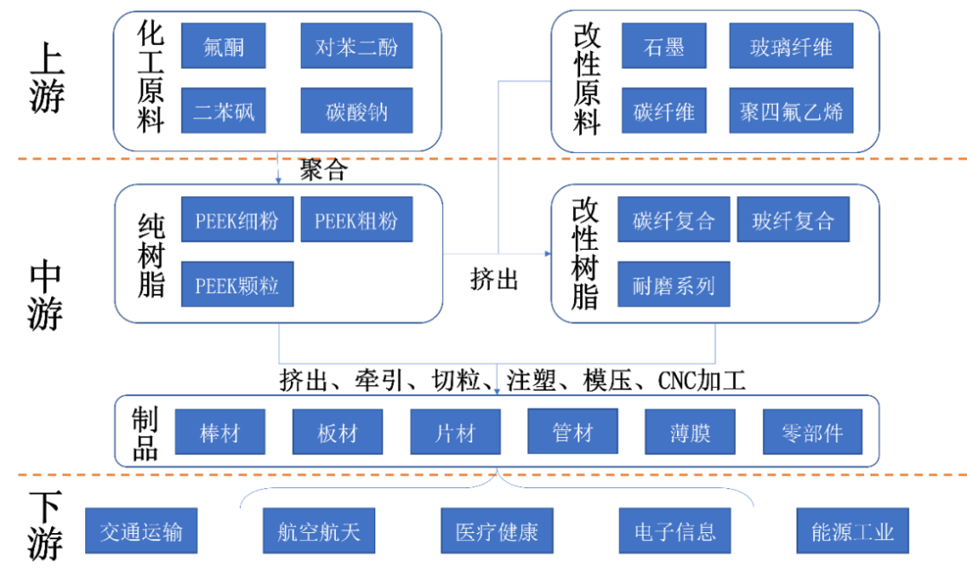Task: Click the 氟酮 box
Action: tap(223, 46)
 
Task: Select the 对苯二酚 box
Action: tap(356, 46)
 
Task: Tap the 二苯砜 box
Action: tap(223, 111)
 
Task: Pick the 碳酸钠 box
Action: tap(356, 111)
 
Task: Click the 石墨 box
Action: tap(663, 46)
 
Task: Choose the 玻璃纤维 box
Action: tap(791, 46)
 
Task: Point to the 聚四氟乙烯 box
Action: tap(791, 111)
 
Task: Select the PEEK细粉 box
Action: tap(236, 219)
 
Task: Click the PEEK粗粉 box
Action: tap(356, 219)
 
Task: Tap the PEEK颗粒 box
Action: tap(236, 284)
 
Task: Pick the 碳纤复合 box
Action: tap(673, 219)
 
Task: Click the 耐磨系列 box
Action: tap(673, 284)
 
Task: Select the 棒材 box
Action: tap(220, 433)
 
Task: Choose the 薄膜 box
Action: tap(689, 433)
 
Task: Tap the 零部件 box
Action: tap(812, 433)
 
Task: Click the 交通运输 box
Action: tap(141, 530)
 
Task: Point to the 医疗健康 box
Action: tap(496, 530)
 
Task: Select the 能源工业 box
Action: tap(852, 530)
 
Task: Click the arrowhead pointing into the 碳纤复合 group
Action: tap(547, 254)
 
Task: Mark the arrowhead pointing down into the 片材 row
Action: tap(497, 391)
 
